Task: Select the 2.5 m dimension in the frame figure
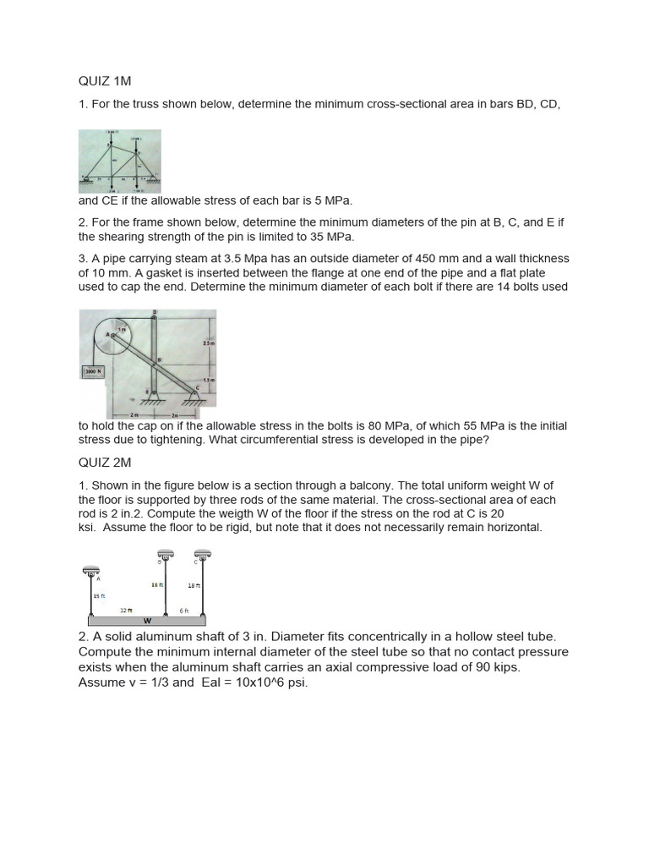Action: (x=209, y=343)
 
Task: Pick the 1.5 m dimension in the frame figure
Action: (x=211, y=381)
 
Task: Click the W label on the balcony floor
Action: (x=147, y=620)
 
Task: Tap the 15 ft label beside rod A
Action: (x=99, y=596)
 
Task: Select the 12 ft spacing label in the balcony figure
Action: (x=125, y=610)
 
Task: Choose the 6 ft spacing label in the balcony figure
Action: (x=183, y=610)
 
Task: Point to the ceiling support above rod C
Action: (x=203, y=554)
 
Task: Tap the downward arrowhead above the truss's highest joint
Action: (x=111, y=139)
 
